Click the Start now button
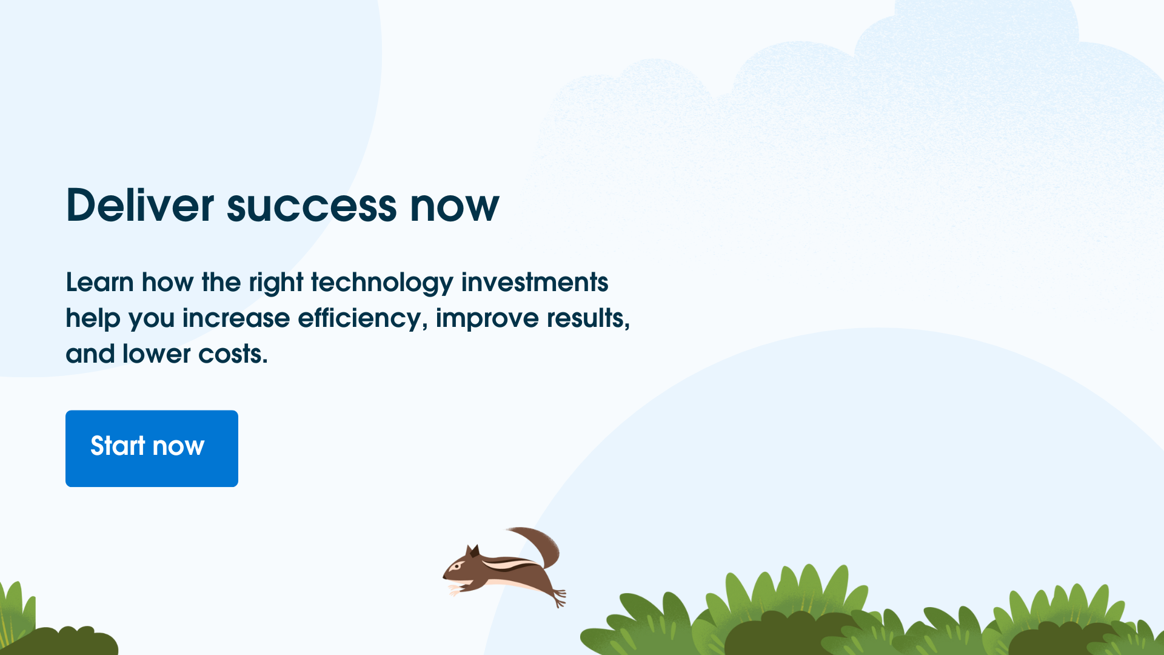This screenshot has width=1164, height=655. tap(152, 448)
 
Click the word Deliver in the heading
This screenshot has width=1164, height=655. tap(140, 205)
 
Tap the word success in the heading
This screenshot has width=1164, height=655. tap(312, 207)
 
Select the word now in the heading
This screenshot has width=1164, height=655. tap(454, 207)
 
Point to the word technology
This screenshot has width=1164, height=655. tap(382, 283)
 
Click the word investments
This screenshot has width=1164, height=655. tap(535, 283)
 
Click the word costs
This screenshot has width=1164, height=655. tap(233, 354)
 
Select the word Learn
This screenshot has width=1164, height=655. tap(100, 283)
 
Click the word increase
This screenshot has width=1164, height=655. tap(236, 318)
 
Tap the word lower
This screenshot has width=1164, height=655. tap(156, 354)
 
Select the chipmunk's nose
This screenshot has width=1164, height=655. tap(444, 577)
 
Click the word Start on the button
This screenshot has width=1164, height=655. tap(118, 446)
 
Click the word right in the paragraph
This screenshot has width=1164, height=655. tap(276, 283)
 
